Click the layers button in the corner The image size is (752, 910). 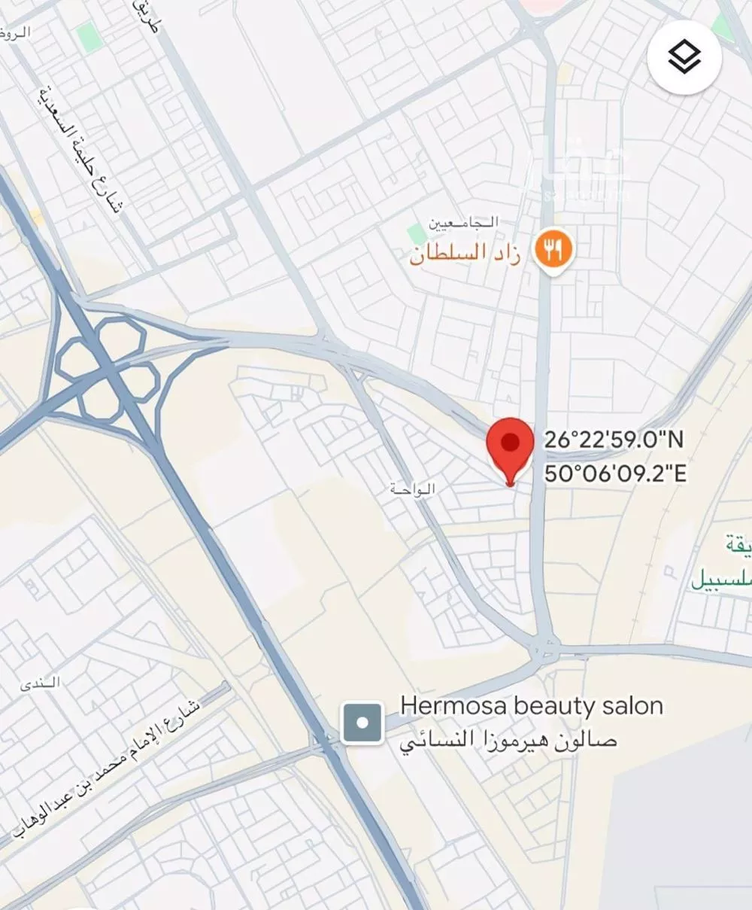pyautogui.click(x=684, y=58)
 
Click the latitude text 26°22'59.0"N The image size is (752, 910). pyautogui.click(x=614, y=440)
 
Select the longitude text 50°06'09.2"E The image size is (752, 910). pyautogui.click(x=615, y=474)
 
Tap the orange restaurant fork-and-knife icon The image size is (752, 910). pyautogui.click(x=553, y=250)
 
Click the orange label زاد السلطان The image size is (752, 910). pyautogui.click(x=466, y=253)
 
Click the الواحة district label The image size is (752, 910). pyautogui.click(x=413, y=489)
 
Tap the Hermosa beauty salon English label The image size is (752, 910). pyautogui.click(x=531, y=706)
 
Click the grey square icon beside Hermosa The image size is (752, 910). pyautogui.click(x=362, y=723)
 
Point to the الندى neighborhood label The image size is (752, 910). pyautogui.click(x=41, y=683)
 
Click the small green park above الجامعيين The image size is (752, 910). pyautogui.click(x=416, y=232)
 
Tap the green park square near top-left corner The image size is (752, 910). pyautogui.click(x=89, y=37)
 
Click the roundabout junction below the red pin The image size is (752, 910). pyautogui.click(x=544, y=648)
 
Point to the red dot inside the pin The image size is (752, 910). pyautogui.click(x=511, y=442)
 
